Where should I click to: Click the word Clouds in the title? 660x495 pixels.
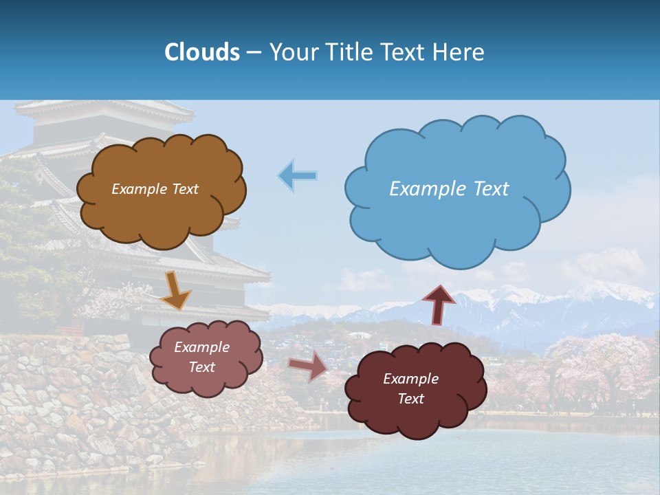(x=201, y=52)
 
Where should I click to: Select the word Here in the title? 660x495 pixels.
(x=459, y=52)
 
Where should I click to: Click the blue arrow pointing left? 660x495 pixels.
(x=298, y=175)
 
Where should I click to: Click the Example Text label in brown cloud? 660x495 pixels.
(x=155, y=189)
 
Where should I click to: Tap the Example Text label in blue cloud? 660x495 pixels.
(x=449, y=189)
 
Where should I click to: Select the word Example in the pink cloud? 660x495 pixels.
(x=201, y=347)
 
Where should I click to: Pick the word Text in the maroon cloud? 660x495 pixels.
(x=410, y=399)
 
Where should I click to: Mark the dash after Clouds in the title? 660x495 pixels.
(x=253, y=52)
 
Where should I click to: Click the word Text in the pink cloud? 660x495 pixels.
(x=201, y=367)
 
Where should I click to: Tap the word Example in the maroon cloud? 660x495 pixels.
(x=410, y=379)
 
